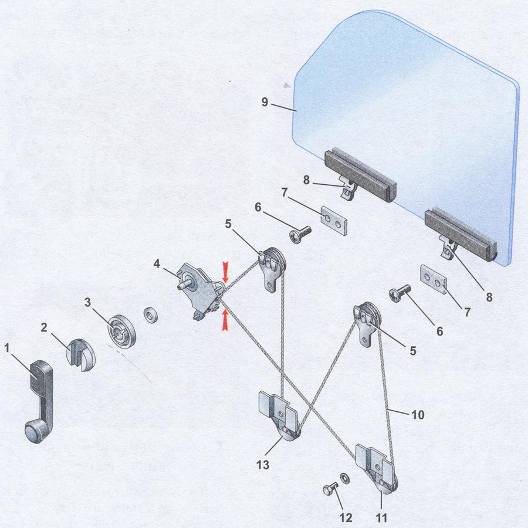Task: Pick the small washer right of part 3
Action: pos(151,315)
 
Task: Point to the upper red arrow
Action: pos(225,272)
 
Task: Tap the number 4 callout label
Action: pos(157,263)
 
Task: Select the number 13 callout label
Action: pos(263,465)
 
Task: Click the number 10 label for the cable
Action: pos(418,415)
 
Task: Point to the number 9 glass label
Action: pos(265,101)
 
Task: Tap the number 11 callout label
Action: pos(381,517)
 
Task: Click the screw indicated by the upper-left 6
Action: pos(300,233)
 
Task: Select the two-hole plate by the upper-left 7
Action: pos(333,221)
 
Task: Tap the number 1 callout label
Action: pos(6,348)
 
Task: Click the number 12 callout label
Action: pos(346,517)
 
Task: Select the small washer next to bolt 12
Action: pos(344,478)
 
